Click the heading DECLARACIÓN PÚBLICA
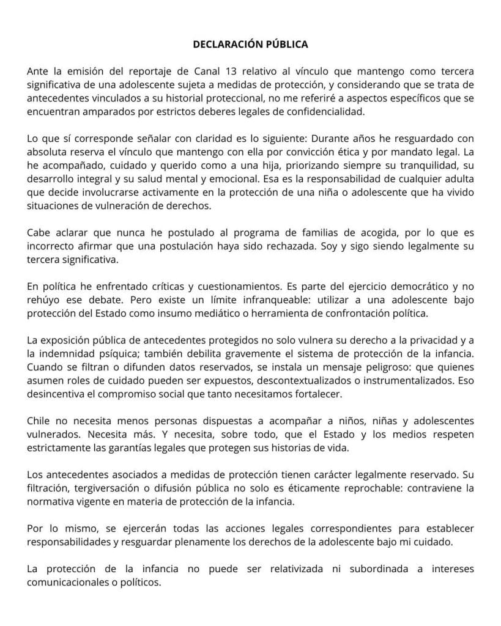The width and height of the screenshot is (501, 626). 250,45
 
